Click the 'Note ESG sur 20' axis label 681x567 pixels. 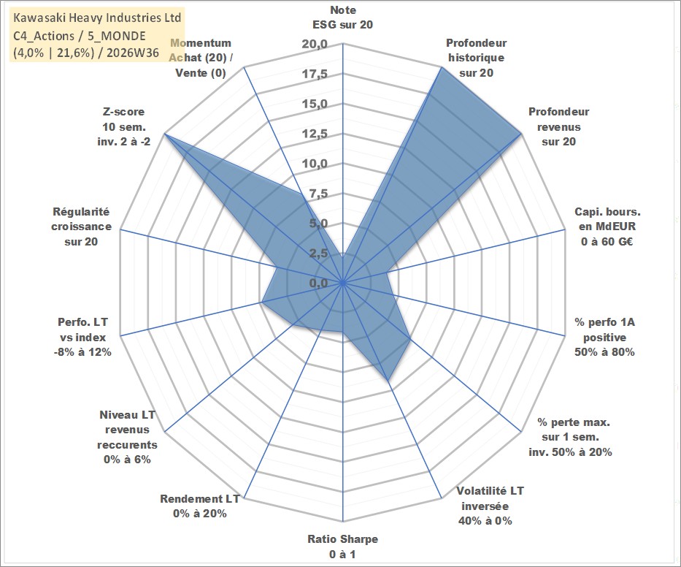click(342, 18)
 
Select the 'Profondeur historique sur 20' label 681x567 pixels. click(476, 58)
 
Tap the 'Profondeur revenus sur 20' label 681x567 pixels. click(558, 126)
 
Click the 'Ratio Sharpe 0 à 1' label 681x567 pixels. click(342, 547)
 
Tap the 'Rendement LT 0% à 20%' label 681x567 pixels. click(200, 506)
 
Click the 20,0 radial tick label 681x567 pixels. click(315, 44)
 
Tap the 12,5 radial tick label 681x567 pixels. click(315, 134)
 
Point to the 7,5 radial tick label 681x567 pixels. click(319, 194)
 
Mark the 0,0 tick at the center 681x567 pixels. click(319, 283)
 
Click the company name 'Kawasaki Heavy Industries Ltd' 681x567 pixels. click(97, 18)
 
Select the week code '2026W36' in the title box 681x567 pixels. click(132, 53)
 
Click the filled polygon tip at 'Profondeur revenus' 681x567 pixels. click(520, 134)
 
